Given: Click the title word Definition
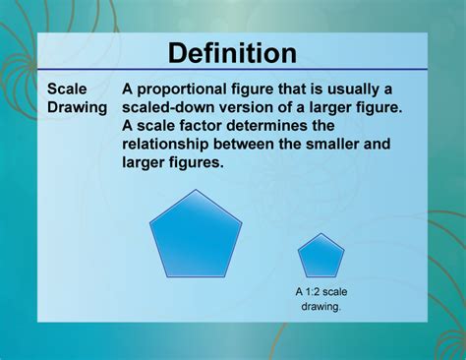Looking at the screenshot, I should (x=232, y=52).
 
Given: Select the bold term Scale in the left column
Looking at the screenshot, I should (x=68, y=89).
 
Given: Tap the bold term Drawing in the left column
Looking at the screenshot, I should (x=78, y=107).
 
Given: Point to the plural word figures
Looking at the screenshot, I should (x=198, y=163).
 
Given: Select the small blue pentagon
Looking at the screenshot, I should (x=321, y=258).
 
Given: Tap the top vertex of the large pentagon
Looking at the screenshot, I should (x=196, y=190).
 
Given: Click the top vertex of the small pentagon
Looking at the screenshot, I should (x=321, y=234).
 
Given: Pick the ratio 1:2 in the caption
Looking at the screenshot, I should (x=314, y=291).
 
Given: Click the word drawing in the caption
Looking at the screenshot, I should (x=320, y=307).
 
